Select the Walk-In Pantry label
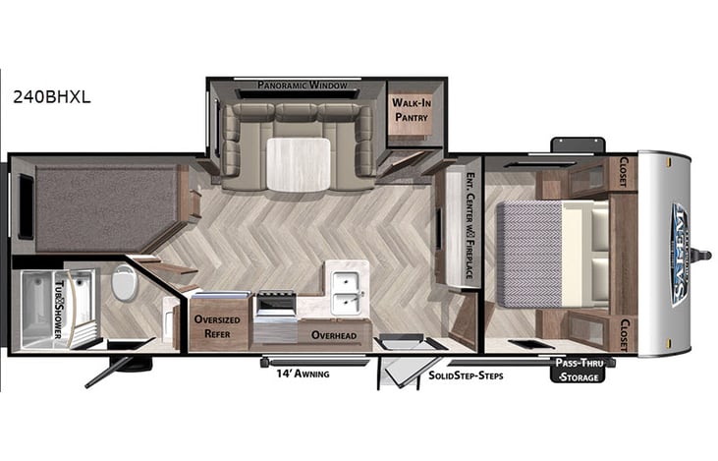coord(411,109)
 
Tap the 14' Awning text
coord(295,375)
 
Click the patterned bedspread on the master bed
coord(530,251)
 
